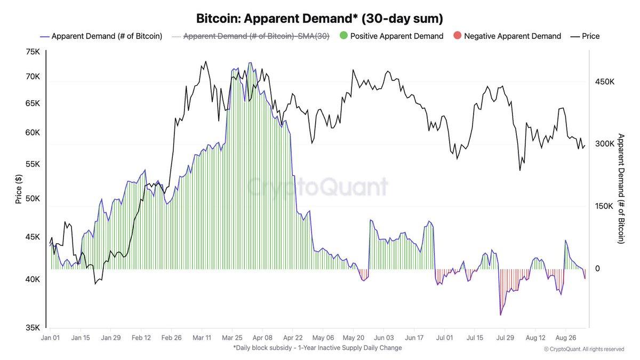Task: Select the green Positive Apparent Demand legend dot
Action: click(343, 36)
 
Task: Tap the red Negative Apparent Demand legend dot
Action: click(457, 36)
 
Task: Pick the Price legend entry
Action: click(585, 36)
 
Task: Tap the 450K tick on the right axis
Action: click(605, 82)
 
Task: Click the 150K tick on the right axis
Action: click(605, 206)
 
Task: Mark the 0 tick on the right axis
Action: click(597, 268)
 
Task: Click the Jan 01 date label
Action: click(50, 338)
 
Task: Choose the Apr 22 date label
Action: click(292, 338)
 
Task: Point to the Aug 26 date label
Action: click(565, 338)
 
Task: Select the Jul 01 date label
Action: click(444, 338)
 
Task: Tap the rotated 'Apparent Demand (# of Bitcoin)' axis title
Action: click(620, 189)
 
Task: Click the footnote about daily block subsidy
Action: click(317, 348)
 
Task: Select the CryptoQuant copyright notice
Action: click(584, 349)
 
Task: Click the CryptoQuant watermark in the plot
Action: click(317, 187)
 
